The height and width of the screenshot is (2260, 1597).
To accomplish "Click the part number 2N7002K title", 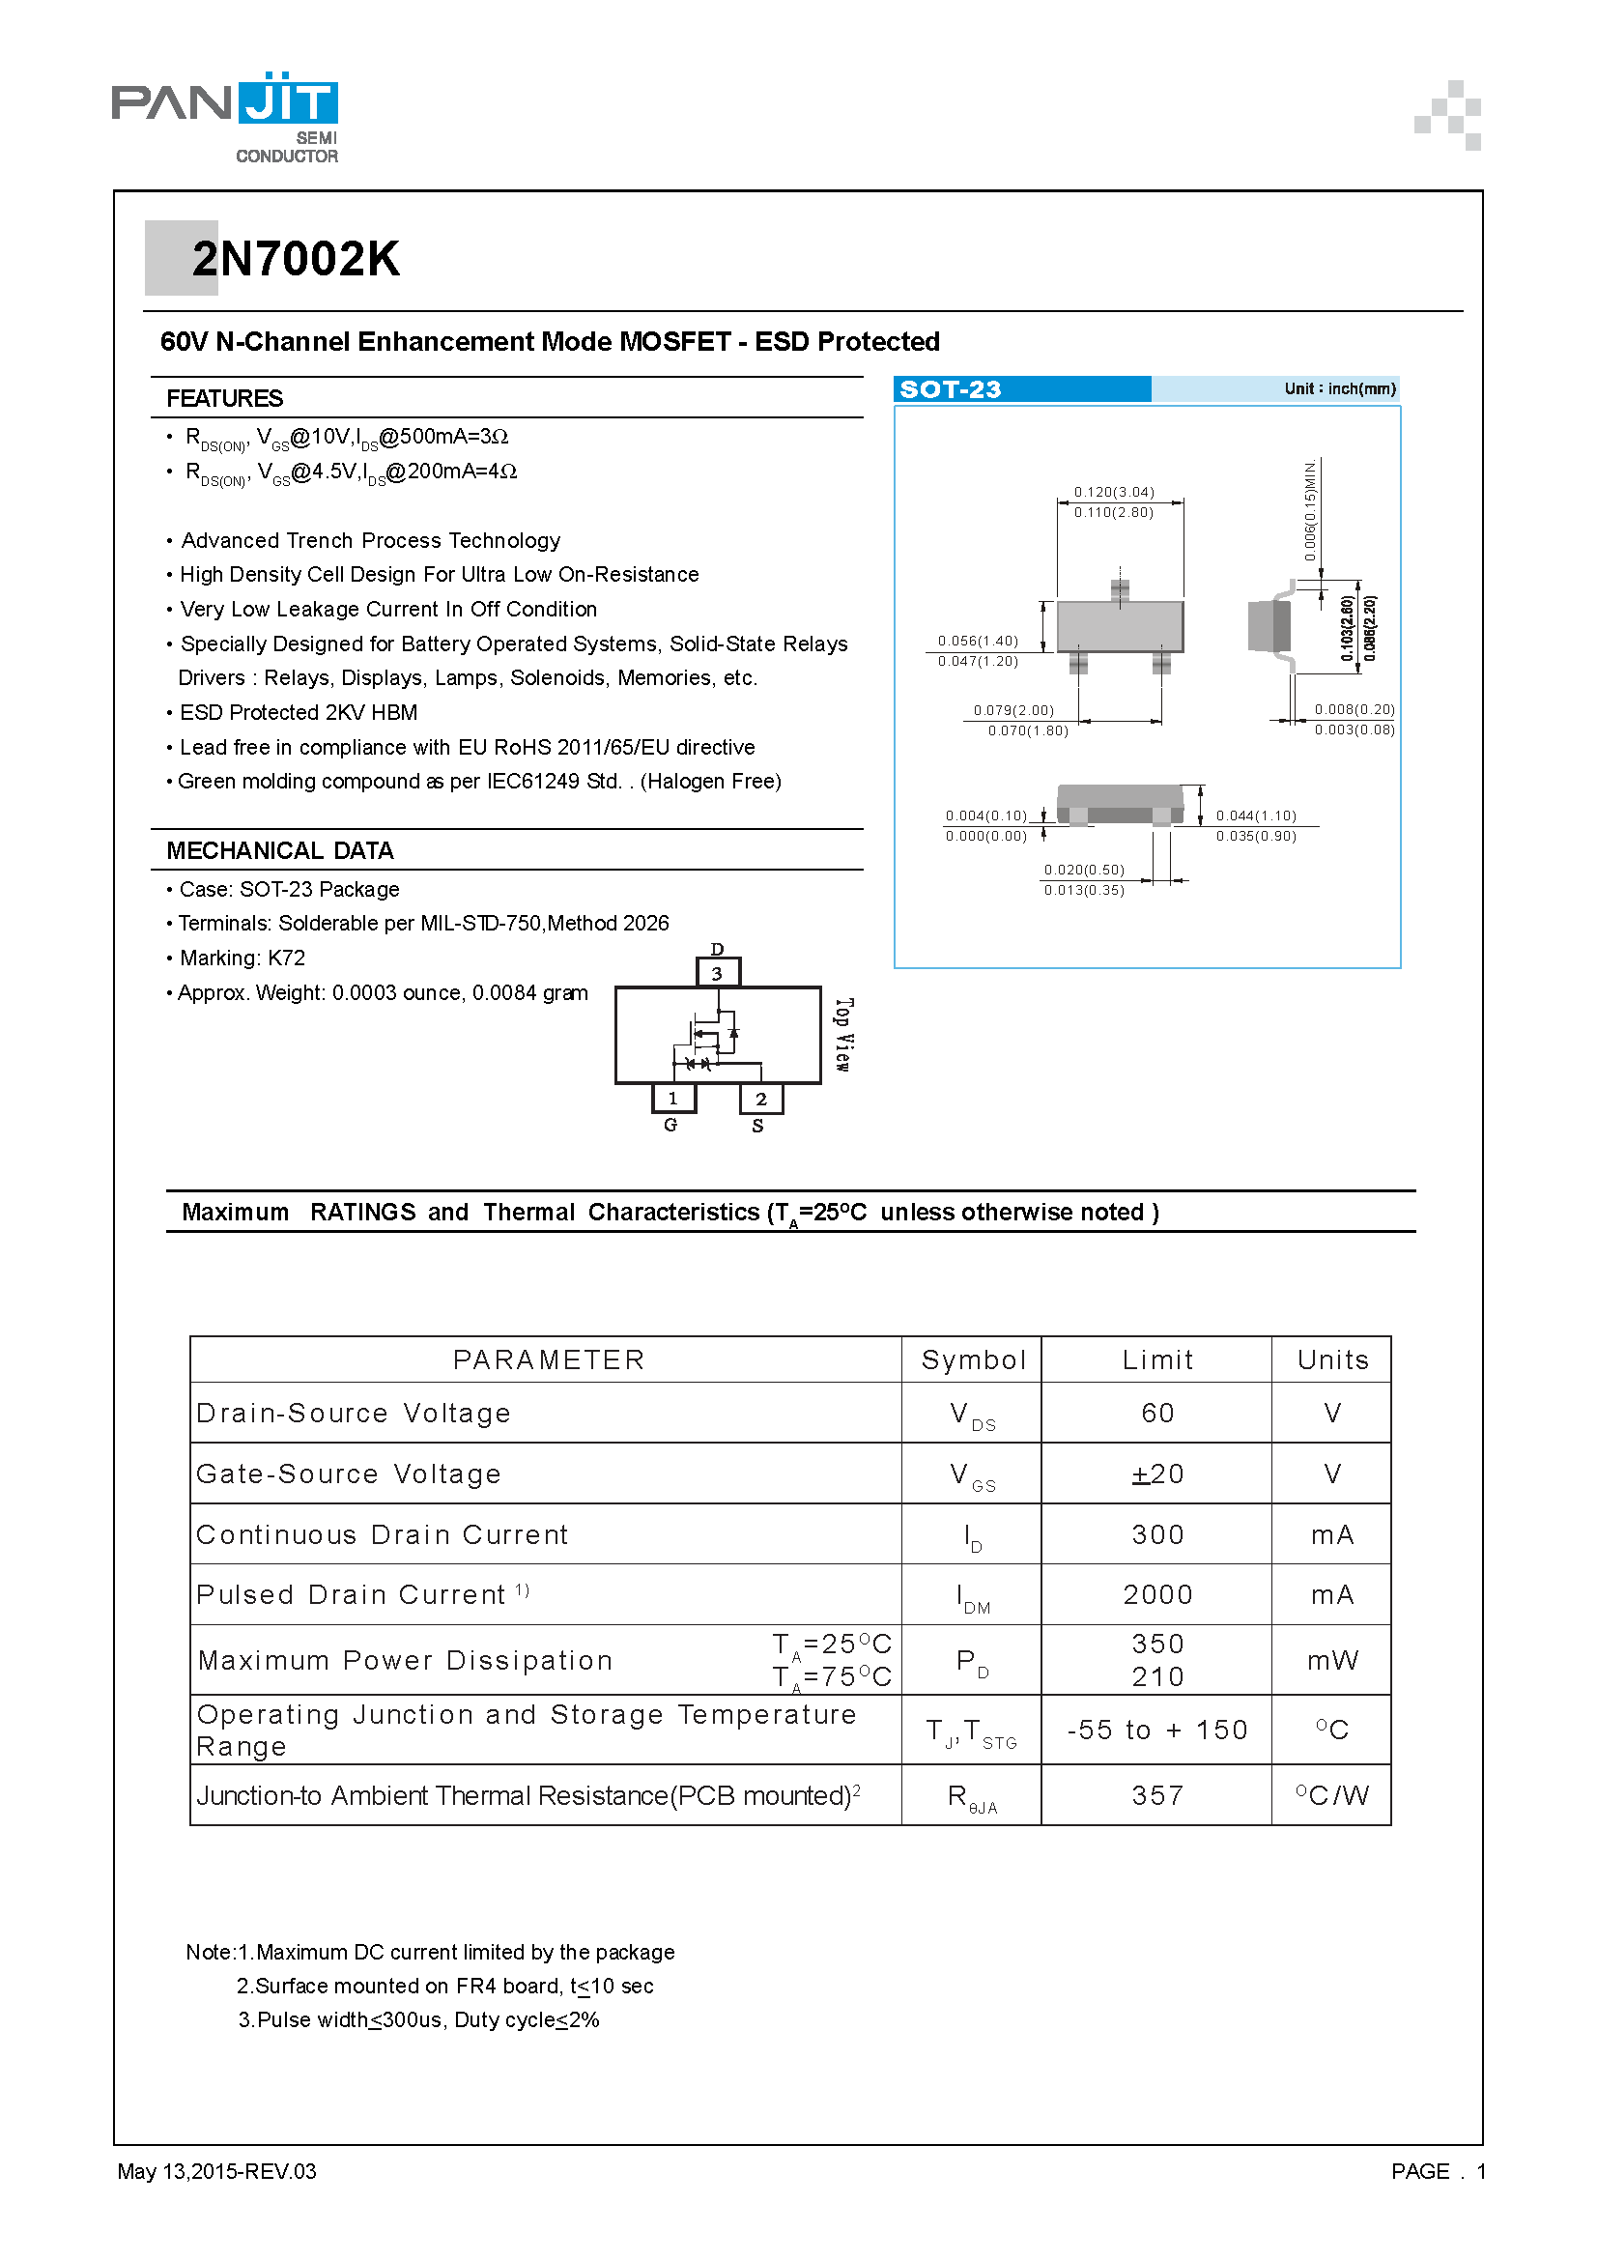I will tap(296, 259).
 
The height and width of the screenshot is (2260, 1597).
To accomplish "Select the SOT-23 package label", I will tap(950, 389).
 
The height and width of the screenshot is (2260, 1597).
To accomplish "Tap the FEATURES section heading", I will tap(224, 399).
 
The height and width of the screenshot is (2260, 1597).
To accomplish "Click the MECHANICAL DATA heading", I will tap(279, 850).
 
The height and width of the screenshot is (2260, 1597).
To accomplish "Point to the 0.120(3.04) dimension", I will tap(1114, 491).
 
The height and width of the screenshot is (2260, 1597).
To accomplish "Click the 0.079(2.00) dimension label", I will tap(1013, 710).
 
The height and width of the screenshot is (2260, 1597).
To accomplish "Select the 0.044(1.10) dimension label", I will tap(1256, 815).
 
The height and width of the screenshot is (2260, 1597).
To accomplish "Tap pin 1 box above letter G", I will tap(673, 1098).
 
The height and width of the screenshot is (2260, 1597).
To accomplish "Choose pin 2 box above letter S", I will tap(760, 1099).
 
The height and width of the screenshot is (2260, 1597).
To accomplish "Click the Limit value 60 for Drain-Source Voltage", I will tap(1157, 1414).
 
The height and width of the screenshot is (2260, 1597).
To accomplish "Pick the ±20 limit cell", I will tap(1157, 1474).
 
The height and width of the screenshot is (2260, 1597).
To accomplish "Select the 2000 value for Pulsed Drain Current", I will tap(1157, 1594).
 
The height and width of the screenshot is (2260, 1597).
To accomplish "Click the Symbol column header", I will tap(973, 1360).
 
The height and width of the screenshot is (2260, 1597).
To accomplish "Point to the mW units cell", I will tap(1331, 1661).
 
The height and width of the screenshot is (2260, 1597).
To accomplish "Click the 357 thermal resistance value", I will tap(1157, 1795).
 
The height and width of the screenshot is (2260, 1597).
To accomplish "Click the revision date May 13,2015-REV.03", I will tap(216, 2170).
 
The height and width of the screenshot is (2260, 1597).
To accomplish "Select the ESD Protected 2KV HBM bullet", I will tap(299, 713).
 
